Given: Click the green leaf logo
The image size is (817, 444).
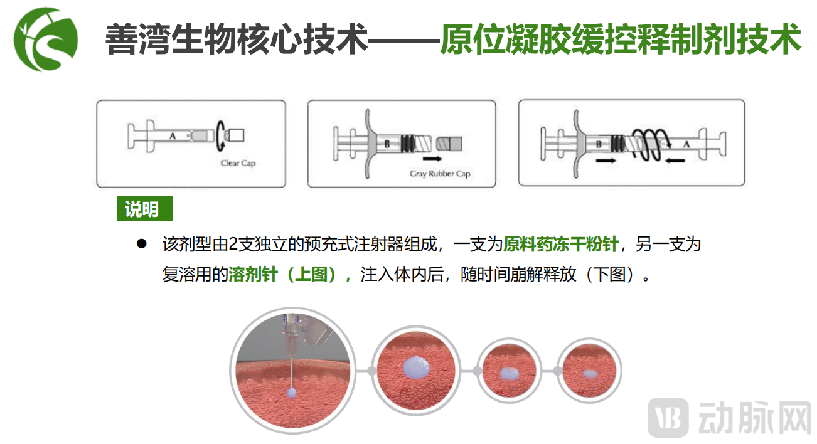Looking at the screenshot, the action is coord(46,40).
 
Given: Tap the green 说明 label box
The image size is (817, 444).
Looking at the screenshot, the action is coord(144,208).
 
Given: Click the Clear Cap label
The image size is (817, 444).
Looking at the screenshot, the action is coord(238,163).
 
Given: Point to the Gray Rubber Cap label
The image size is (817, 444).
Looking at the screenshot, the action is coord(440,174).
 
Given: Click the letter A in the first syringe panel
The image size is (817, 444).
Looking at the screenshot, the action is coord(173,136).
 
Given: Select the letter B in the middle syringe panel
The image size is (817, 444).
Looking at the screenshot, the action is coord(387,144).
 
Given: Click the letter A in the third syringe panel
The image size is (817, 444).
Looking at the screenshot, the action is coord(686,144).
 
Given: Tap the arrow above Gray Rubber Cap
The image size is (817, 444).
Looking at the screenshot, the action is coord(432,159).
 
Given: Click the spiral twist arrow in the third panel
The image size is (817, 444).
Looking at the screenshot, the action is coord(651,145).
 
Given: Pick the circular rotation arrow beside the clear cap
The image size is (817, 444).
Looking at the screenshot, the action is coord(220,135).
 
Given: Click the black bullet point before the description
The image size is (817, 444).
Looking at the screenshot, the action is coord(142,243).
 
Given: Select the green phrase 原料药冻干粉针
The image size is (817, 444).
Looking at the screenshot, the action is coord(560,244).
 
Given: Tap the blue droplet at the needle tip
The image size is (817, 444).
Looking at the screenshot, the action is coord(292,392).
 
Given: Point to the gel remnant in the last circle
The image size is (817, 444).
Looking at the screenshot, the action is coord(589,374).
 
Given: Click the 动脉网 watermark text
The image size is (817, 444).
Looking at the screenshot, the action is coord(754,418).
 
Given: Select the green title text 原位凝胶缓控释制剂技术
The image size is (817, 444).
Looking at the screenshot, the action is coord(621,39).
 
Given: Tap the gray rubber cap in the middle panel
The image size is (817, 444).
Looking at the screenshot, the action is coord(449,144).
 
